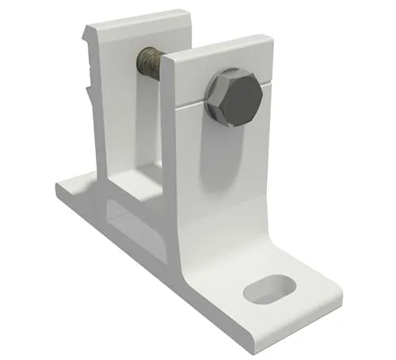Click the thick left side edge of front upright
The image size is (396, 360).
[x=168, y=159]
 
